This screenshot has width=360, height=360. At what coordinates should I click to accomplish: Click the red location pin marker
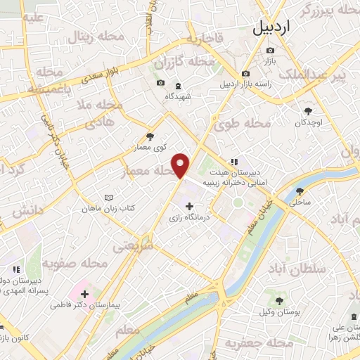(182, 165)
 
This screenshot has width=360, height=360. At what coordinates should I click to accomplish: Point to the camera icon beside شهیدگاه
(161, 84)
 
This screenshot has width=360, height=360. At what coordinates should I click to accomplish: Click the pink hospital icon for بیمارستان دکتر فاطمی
(85, 293)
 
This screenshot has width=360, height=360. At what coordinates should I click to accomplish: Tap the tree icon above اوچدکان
(308, 110)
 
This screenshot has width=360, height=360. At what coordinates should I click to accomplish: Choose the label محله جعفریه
(258, 343)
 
